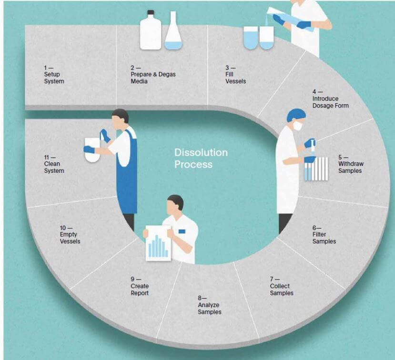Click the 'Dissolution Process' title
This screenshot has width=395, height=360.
point(201,159)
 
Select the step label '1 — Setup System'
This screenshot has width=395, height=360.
point(54,74)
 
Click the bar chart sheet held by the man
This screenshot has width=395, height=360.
point(158,243)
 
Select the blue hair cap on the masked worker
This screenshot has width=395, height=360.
point(296,115)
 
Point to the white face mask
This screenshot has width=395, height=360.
point(298,125)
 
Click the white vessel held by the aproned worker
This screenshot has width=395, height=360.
point(92,150)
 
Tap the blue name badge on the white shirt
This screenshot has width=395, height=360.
point(182,231)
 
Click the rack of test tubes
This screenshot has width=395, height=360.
point(316,169)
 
